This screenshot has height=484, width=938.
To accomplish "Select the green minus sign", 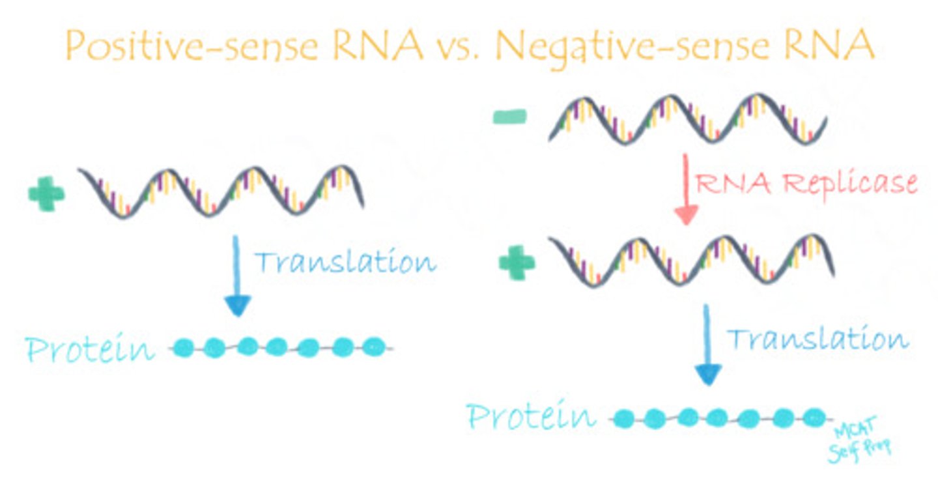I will [511, 118].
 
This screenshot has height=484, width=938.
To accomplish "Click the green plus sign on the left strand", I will [46, 193].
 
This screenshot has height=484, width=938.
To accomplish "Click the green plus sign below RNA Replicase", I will [517, 263].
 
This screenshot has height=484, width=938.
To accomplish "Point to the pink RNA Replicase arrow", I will [685, 189].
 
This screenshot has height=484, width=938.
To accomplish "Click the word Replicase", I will [850, 184].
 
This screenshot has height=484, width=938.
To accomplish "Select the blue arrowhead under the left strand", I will [237, 305].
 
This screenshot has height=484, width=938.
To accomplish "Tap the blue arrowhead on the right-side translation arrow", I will [707, 375].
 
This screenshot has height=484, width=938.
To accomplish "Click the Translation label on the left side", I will [344, 262].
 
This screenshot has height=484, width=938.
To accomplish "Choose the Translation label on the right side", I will [817, 339].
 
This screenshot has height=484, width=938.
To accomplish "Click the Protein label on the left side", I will [90, 350].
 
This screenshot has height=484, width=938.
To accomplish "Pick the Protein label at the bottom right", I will [531, 416].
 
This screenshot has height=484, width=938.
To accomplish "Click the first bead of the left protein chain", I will [184, 347].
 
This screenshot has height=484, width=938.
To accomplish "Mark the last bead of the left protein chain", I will [373, 345].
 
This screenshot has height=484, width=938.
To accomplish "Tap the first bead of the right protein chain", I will [625, 418].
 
